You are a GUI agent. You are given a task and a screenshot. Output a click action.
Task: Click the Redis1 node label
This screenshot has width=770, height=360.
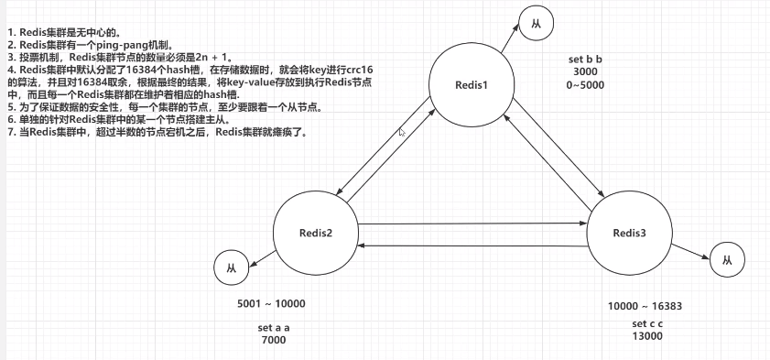click(x=473, y=85)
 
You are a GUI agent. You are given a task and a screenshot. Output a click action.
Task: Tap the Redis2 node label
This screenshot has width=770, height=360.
click(x=316, y=232)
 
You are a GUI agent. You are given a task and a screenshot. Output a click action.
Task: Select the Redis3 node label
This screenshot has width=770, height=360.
click(x=629, y=234)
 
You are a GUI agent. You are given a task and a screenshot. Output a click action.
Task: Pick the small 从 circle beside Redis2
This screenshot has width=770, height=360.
click(x=229, y=268)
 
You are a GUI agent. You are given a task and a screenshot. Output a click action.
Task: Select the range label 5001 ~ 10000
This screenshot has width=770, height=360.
click(x=271, y=304)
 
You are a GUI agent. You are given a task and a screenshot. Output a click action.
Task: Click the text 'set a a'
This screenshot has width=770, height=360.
click(x=273, y=327)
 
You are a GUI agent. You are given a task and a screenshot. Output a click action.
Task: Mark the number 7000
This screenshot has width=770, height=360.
click(x=273, y=340)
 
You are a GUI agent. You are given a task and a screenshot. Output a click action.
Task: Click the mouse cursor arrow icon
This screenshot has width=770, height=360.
click(x=402, y=132)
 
